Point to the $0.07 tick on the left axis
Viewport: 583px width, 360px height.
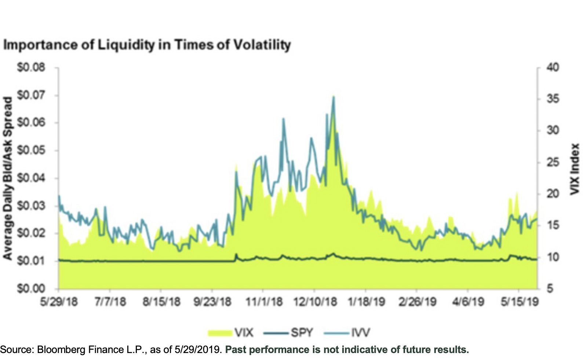pyautogui.click(x=31, y=95)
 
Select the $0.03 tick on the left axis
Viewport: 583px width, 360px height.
pyautogui.click(x=31, y=206)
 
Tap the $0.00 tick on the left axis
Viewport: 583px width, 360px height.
pyautogui.click(x=31, y=288)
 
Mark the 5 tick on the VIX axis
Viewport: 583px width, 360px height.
pyautogui.click(x=550, y=288)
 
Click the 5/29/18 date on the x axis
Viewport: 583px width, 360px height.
pyautogui.click(x=59, y=302)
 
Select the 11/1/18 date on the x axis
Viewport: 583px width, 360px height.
pyautogui.click(x=264, y=302)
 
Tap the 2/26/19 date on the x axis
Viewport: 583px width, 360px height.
pyautogui.click(x=418, y=302)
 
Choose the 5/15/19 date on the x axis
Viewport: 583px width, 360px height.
pyautogui.click(x=520, y=302)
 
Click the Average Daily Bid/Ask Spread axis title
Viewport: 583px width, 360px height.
pyautogui.click(x=8, y=178)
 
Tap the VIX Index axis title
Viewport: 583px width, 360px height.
pyautogui.click(x=575, y=169)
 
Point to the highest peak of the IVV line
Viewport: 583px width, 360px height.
pyautogui.click(x=333, y=97)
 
